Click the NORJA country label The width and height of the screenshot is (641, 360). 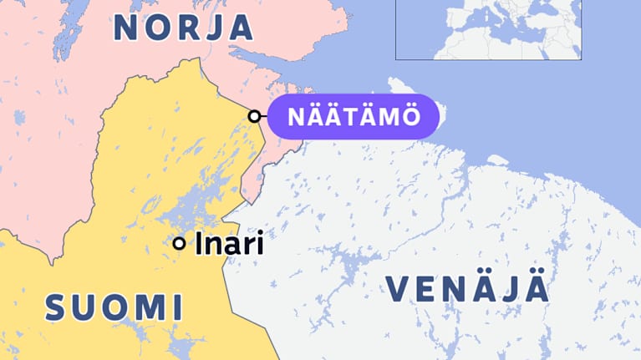[x=183, y=28]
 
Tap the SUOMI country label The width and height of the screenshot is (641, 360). [x=114, y=307]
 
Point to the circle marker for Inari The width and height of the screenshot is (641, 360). [x=179, y=243]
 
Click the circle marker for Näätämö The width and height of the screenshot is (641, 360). [x=254, y=116]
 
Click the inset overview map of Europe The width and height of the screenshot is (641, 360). [x=488, y=29]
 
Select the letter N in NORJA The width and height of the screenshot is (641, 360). [x=128, y=28]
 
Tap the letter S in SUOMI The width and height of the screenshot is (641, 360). [x=56, y=307]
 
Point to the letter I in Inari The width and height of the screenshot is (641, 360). [x=199, y=244]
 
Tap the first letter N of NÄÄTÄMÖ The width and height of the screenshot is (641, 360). [x=295, y=117]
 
